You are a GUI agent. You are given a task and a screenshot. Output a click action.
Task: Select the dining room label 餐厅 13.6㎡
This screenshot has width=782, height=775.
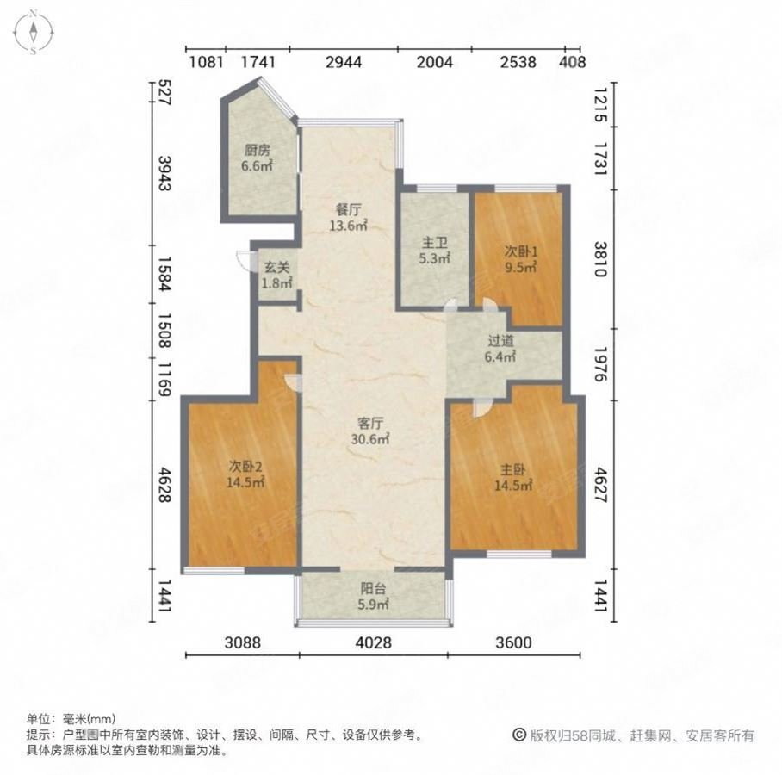point(348,217)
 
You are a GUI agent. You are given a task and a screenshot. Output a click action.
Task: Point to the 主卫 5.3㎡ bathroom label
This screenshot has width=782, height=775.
point(434,250)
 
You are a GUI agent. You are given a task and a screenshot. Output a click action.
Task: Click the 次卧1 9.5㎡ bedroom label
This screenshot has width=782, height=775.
point(520,259)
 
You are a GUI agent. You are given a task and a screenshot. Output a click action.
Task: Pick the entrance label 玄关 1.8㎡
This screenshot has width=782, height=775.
point(276,275)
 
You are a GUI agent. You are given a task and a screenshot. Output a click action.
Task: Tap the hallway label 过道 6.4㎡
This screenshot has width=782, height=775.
point(499,348)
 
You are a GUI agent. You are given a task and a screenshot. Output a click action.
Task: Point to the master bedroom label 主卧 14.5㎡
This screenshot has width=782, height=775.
point(515,478)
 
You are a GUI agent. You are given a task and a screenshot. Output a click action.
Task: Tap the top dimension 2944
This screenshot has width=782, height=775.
point(343,62)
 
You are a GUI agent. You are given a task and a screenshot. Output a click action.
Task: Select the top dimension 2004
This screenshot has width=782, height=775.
point(433,62)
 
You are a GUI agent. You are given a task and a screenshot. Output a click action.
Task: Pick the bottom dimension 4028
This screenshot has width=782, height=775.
point(373,643)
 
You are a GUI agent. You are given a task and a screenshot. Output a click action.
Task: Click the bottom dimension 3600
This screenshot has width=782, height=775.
point(514,643)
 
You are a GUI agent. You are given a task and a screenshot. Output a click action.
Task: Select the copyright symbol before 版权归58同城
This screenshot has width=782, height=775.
point(519,735)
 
